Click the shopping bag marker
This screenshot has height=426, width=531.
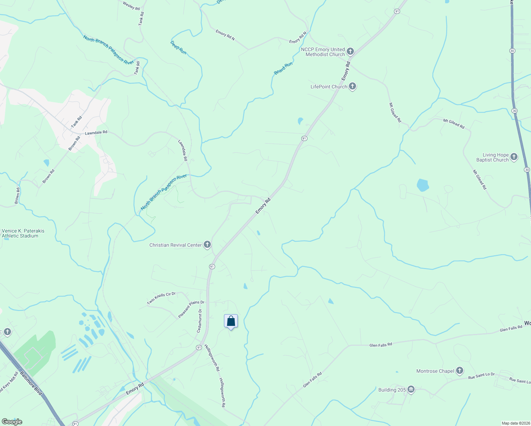tap(231, 321)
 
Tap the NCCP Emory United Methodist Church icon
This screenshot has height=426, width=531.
tap(350, 52)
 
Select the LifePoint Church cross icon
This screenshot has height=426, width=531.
tap(352, 86)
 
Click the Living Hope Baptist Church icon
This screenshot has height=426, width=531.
tap(514, 157)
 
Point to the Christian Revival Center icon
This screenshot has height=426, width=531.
tap(207, 245)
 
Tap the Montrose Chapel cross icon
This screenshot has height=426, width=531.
tap(460, 371)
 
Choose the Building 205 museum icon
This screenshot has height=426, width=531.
tap(411, 389)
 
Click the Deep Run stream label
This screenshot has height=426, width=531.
tap(178, 48)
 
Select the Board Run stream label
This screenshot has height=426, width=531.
tap(283, 68)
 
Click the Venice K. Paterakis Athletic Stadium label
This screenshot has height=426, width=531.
tap(23, 233)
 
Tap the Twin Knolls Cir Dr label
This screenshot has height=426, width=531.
tap(162, 299)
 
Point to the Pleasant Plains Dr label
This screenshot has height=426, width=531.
tap(191, 309)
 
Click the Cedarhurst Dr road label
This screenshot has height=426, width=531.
tap(199, 321)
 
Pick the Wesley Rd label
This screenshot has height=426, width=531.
tap(131, 6)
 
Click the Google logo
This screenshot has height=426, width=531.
tap(12, 422)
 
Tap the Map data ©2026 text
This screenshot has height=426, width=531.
tap(515, 423)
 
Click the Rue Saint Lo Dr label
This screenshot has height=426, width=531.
tap(481, 376)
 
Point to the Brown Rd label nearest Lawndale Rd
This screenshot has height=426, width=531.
tap(74, 143)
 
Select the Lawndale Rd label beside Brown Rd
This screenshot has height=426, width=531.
tap(96, 133)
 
